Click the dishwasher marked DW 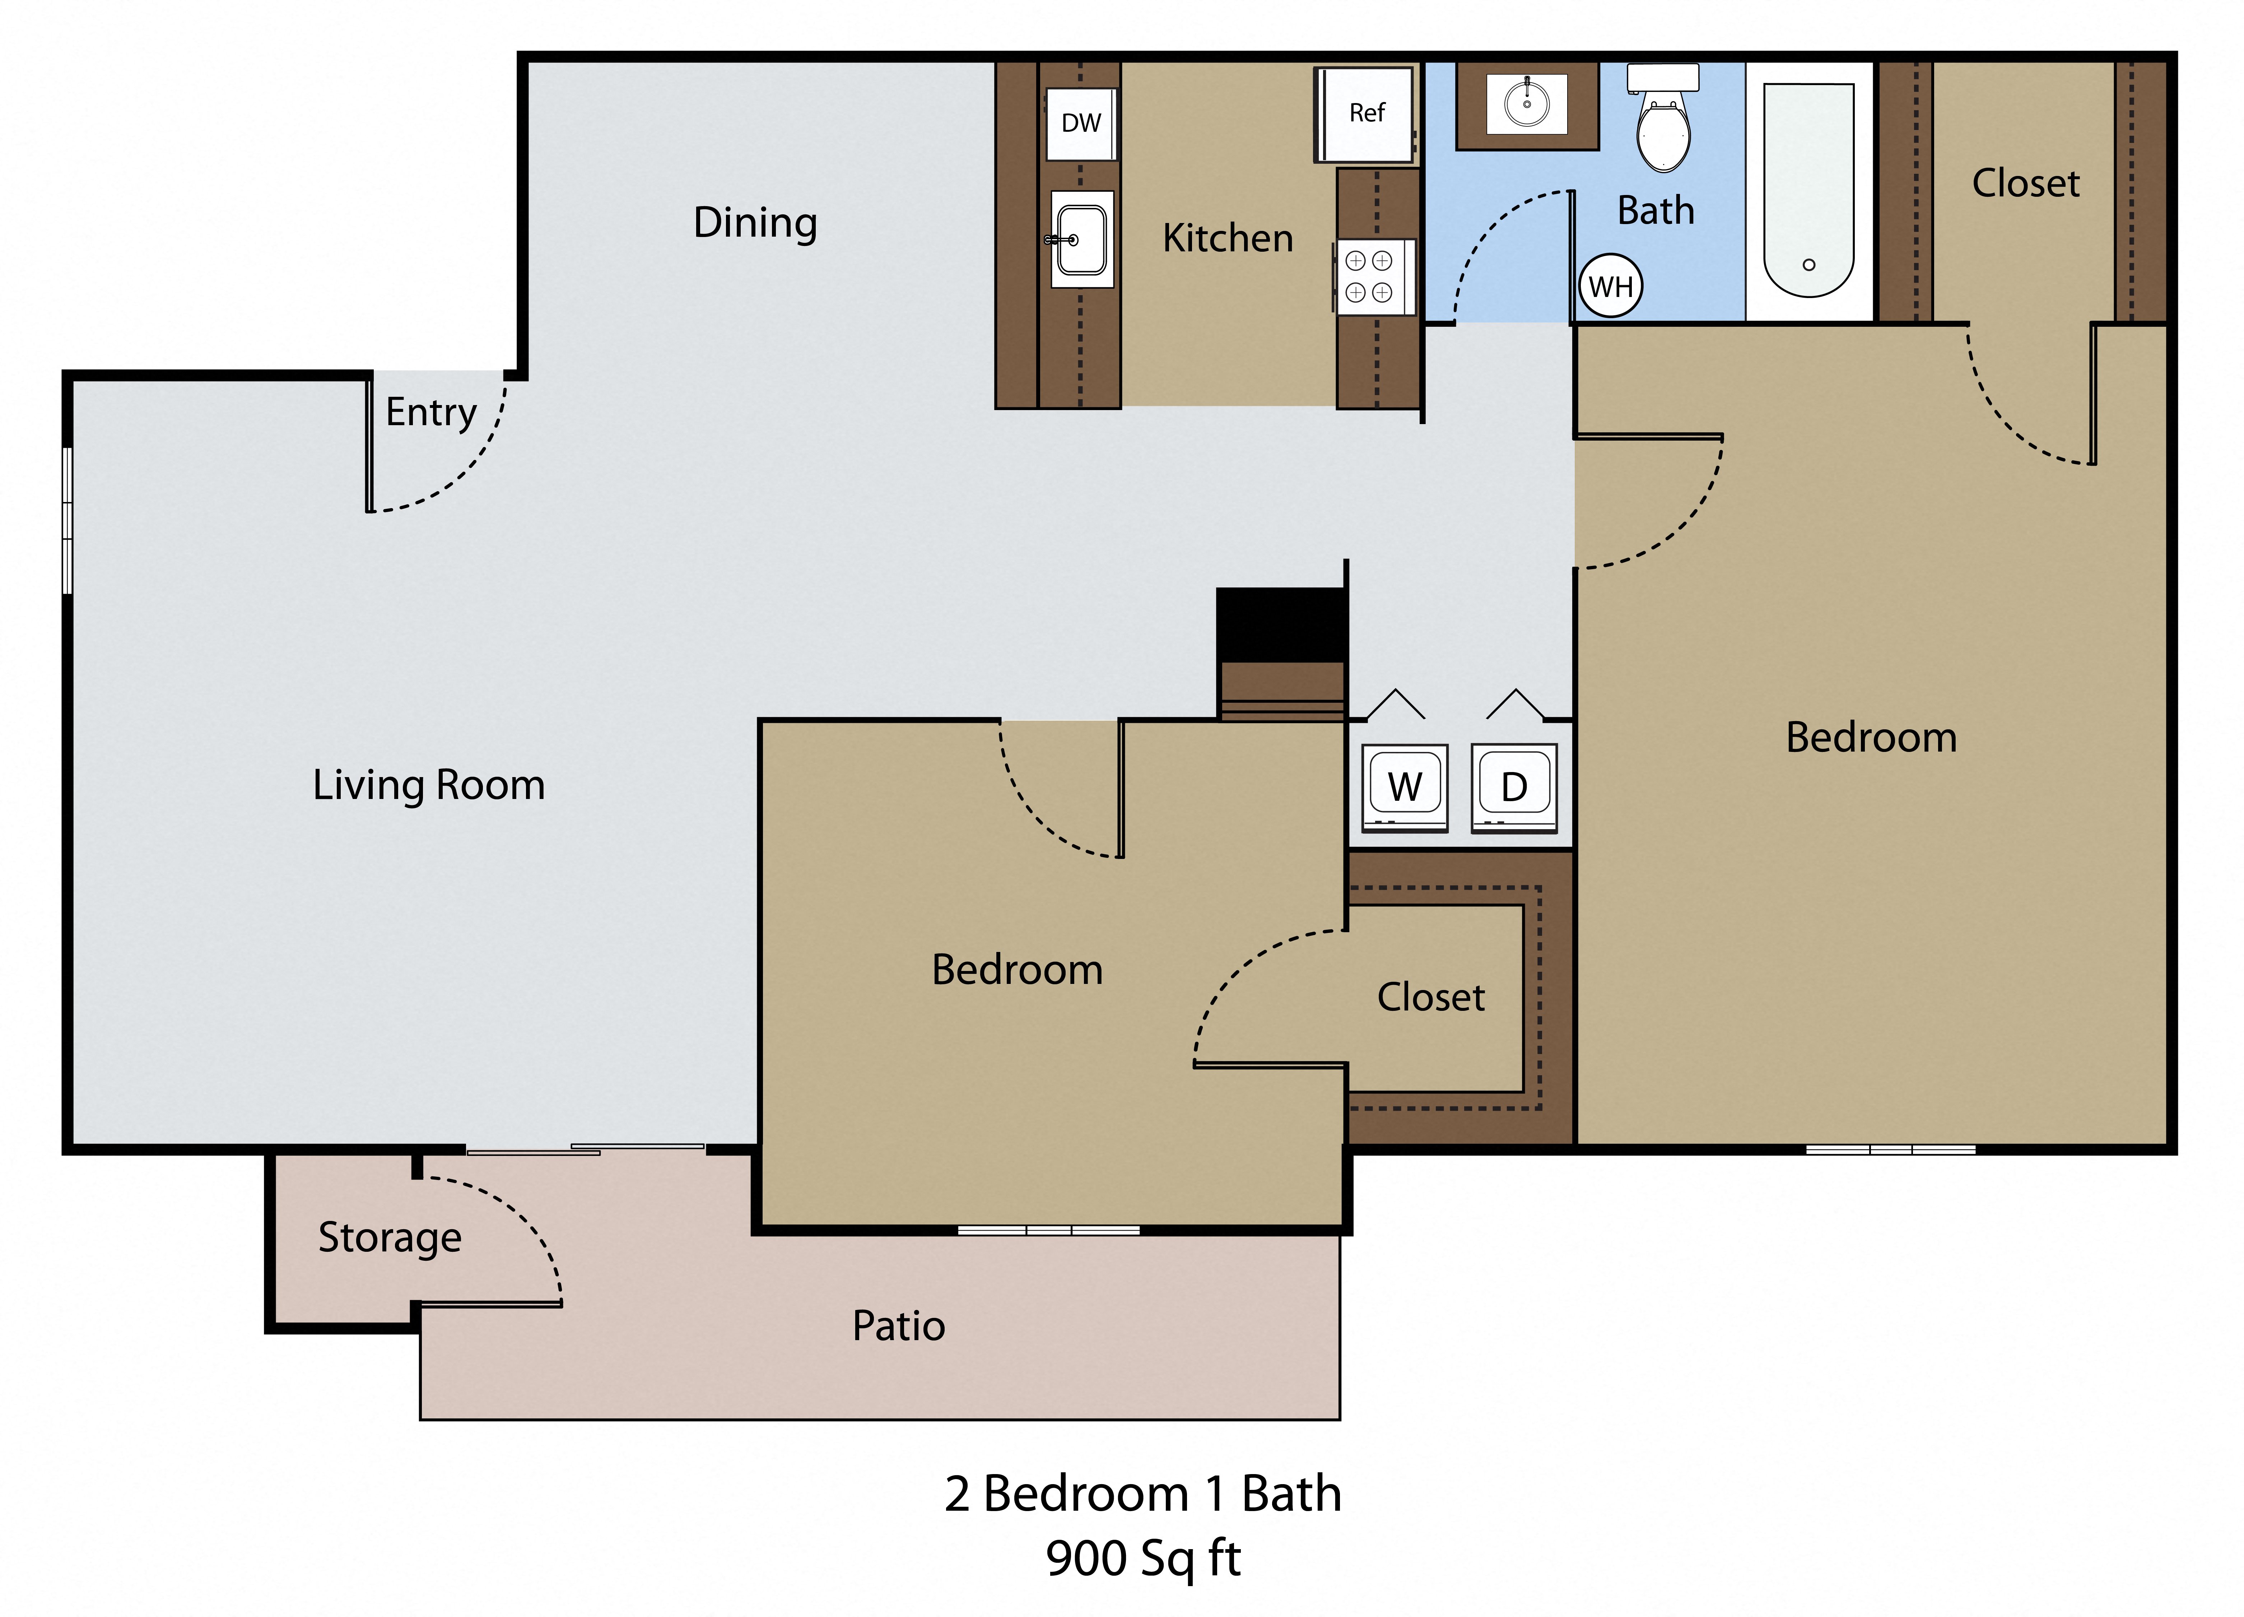[1080, 124]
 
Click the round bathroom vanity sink [1527, 103]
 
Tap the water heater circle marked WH [1610, 287]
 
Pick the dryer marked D [1514, 788]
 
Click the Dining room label [755, 223]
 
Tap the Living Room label [428, 785]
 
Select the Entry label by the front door [430, 412]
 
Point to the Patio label [898, 1326]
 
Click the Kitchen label [1227, 238]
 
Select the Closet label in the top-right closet [2025, 183]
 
